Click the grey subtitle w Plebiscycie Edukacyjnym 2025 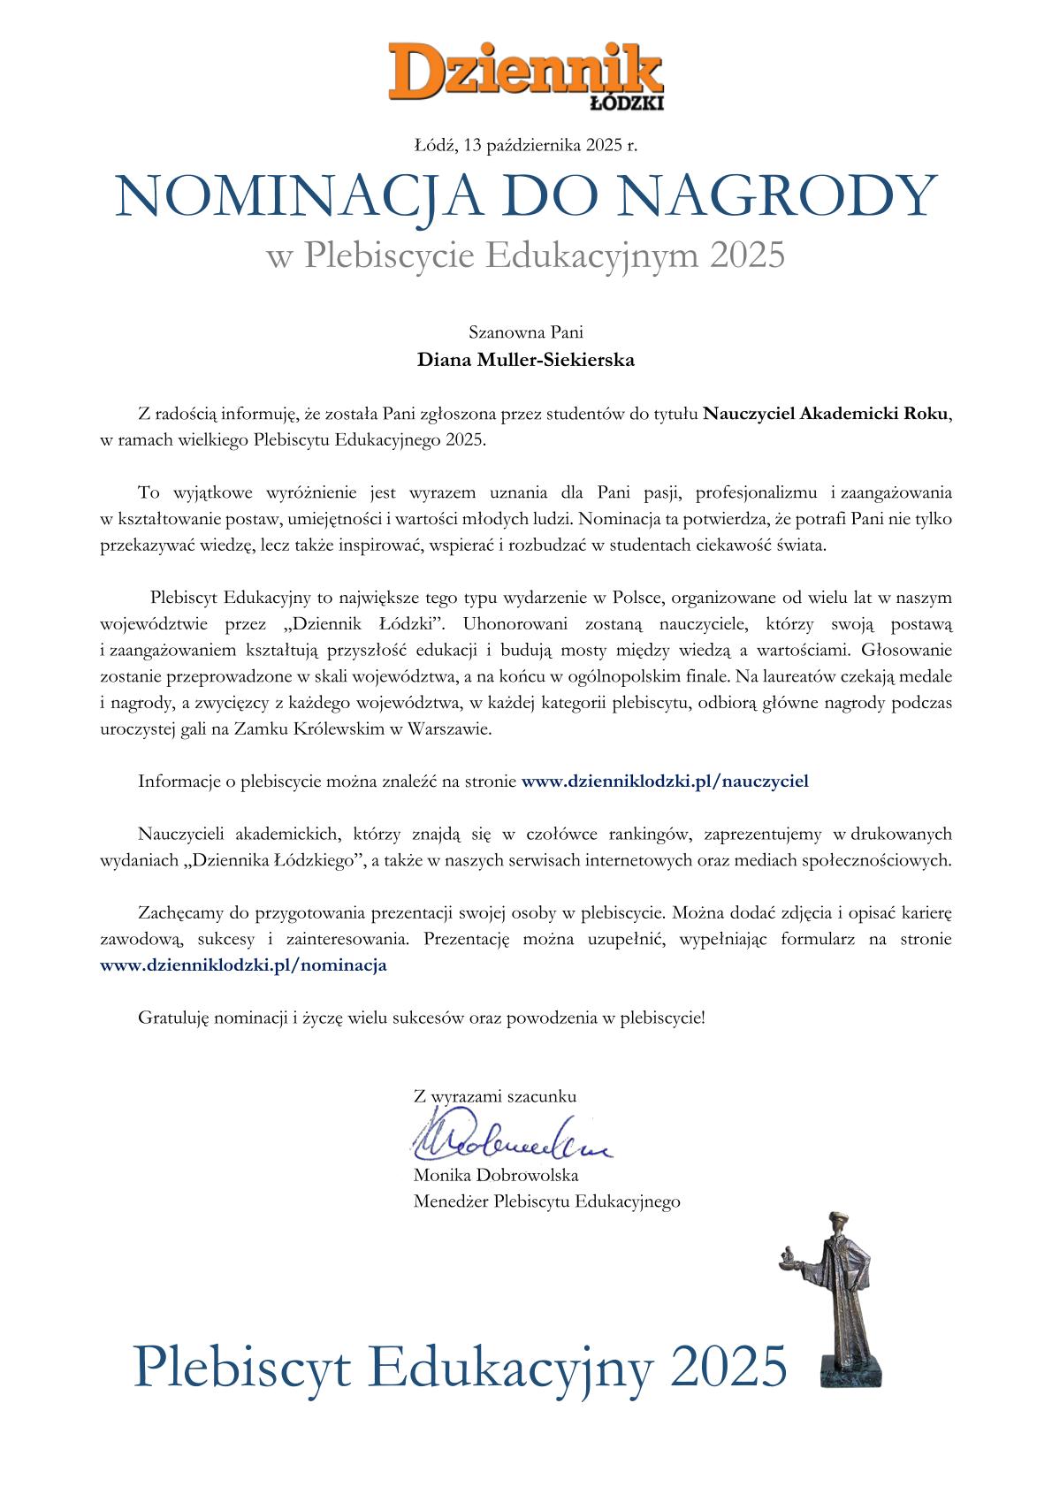tap(526, 256)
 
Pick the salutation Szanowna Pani tap(526, 333)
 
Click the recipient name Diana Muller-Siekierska tap(526, 361)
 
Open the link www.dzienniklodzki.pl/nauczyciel tap(666, 781)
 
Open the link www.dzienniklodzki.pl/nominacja tap(244, 965)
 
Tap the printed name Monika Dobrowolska tap(496, 1176)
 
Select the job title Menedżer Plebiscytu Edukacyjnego tap(546, 1201)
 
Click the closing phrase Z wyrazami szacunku tap(495, 1096)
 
